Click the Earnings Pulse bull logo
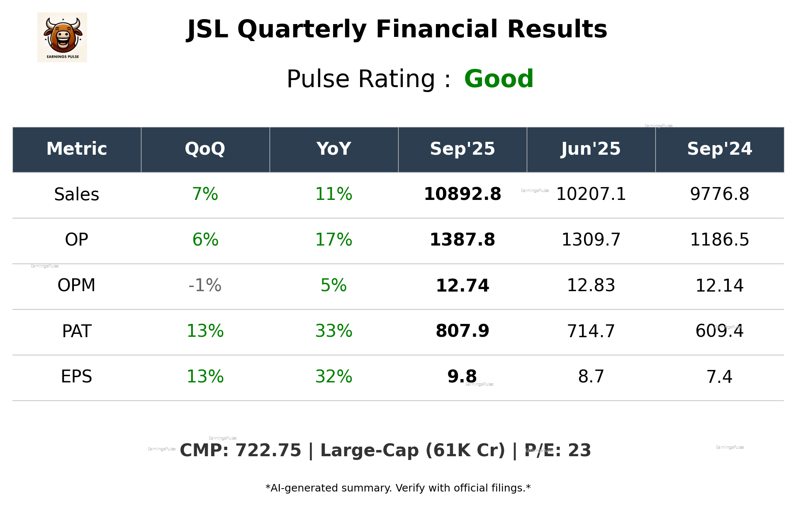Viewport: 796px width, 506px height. pyautogui.click(x=62, y=37)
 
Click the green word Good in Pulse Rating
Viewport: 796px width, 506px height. pyautogui.click(x=498, y=79)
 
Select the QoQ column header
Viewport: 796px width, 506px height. pyautogui.click(x=205, y=149)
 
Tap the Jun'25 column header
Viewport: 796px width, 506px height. pyautogui.click(x=591, y=149)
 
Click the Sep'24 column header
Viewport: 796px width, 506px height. pyautogui.click(x=719, y=149)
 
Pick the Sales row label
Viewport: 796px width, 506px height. pyautogui.click(x=77, y=195)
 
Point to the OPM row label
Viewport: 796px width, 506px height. pyautogui.click(x=77, y=286)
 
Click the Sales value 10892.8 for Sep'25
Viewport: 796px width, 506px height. pyautogui.click(x=462, y=195)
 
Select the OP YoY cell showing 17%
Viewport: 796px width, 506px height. pyautogui.click(x=333, y=240)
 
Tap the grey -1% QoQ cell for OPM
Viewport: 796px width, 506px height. pyautogui.click(x=205, y=286)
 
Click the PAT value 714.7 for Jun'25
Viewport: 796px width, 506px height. pyautogui.click(x=591, y=331)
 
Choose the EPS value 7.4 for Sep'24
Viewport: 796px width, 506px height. pyautogui.click(x=719, y=377)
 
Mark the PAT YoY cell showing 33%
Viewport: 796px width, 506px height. pyautogui.click(x=333, y=331)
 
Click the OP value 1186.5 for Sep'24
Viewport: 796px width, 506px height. pyautogui.click(x=719, y=240)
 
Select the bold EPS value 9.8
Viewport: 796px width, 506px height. pyautogui.click(x=462, y=377)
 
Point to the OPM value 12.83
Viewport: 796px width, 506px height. pyautogui.click(x=591, y=286)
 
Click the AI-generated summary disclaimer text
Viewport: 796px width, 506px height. pyautogui.click(x=398, y=488)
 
